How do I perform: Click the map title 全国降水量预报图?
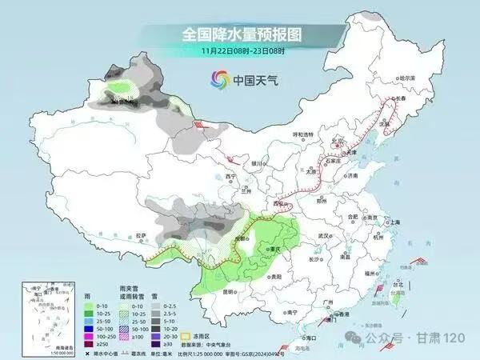pyautogui.click(x=239, y=34)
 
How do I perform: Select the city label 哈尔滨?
pyautogui.click(x=409, y=78)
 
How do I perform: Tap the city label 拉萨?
pyautogui.click(x=142, y=235)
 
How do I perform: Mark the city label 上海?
pyautogui.click(x=393, y=222)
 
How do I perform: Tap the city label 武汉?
pyautogui.click(x=323, y=236)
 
